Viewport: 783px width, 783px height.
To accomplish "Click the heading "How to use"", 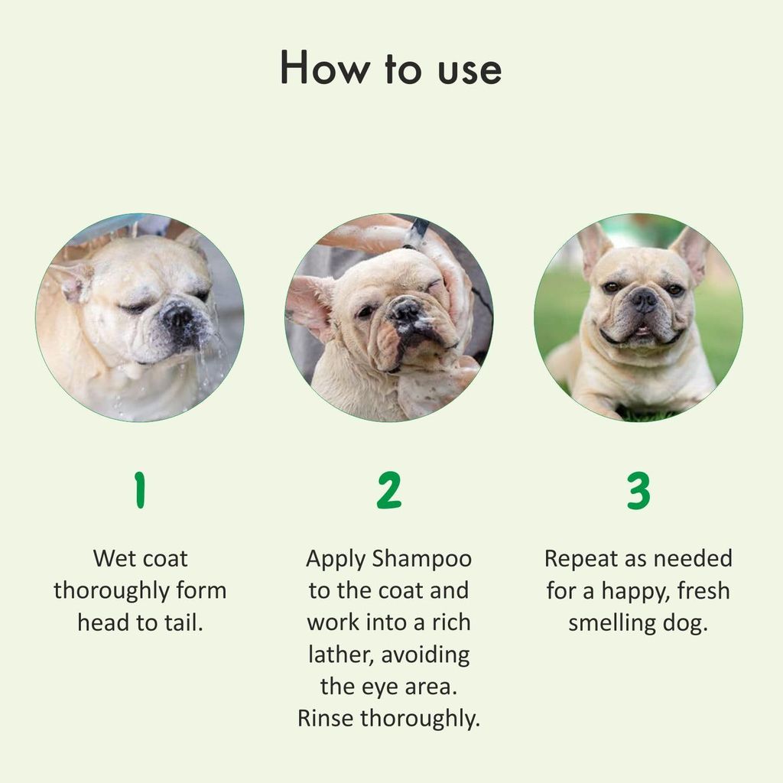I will click(391, 69).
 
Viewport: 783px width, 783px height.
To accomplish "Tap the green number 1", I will click(139, 491).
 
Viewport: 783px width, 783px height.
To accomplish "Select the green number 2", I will click(388, 491).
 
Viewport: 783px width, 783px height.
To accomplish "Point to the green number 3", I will click(638, 491).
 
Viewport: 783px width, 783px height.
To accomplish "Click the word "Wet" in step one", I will click(112, 558).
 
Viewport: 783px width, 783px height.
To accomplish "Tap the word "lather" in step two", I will click(340, 655).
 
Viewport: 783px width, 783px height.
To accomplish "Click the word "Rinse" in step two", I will click(326, 719).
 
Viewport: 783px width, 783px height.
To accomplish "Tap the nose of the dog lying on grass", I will click(643, 297).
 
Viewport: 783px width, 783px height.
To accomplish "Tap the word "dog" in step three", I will click(685, 623).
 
